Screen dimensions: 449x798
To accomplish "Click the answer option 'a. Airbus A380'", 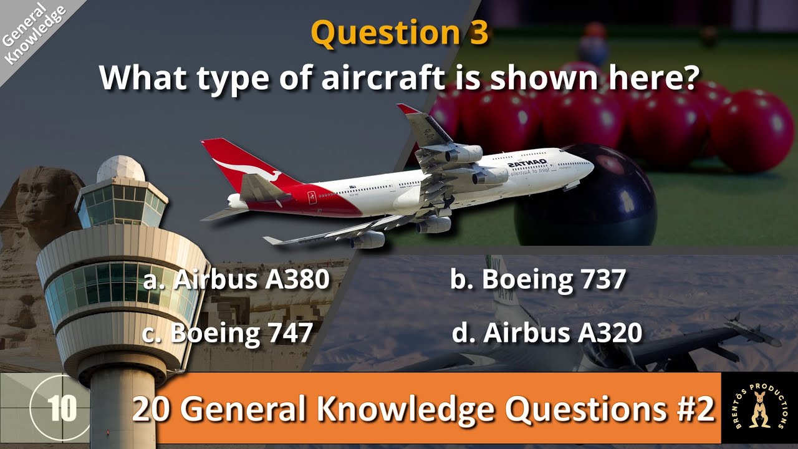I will (x=236, y=280).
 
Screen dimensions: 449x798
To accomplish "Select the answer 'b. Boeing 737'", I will (x=537, y=280).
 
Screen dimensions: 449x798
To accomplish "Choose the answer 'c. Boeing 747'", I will (x=228, y=333).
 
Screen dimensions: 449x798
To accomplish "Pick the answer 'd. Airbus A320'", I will (x=547, y=333).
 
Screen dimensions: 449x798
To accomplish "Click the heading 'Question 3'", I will (x=399, y=32).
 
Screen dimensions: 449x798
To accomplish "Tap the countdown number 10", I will (x=62, y=408).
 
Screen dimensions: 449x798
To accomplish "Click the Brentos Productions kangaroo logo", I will (x=759, y=409).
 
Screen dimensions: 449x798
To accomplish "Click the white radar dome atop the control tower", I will (x=121, y=169).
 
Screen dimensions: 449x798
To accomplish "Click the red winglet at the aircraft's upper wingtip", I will (x=409, y=110).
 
